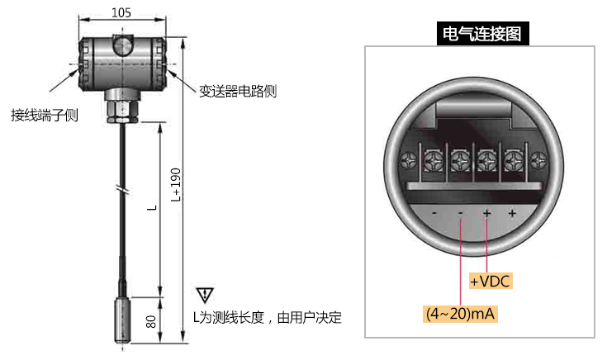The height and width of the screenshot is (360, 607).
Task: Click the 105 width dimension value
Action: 121,12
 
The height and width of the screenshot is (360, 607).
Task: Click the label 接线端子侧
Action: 45,115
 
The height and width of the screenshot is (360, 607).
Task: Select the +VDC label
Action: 491,282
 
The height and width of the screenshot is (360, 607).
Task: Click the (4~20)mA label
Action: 462,315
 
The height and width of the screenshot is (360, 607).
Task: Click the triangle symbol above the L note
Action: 205,295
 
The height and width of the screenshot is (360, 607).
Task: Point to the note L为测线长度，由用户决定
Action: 267,317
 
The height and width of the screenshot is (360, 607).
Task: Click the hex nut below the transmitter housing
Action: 121,110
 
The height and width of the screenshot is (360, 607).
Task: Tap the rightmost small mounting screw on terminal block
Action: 538,157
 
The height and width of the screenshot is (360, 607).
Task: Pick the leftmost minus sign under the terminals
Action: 434,214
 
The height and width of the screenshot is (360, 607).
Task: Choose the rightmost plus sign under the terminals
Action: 512,214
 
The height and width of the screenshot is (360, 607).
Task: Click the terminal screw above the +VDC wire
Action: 486,156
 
